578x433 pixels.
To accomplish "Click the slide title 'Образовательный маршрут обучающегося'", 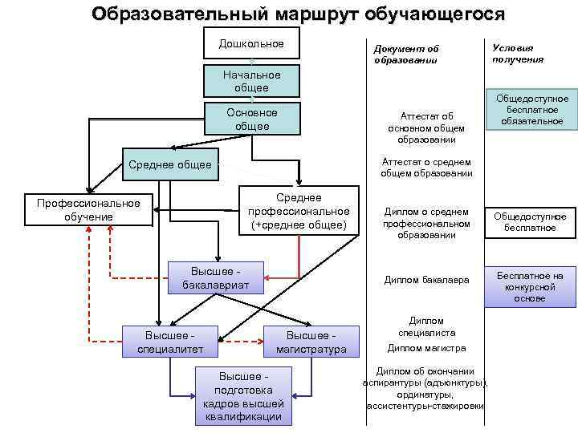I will click(x=298, y=14).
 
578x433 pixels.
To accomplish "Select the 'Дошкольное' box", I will click(x=251, y=43).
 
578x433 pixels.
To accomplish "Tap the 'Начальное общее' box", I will click(x=251, y=81).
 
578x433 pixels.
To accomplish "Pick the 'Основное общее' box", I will click(x=251, y=119).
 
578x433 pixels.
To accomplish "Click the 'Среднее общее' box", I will click(x=169, y=165).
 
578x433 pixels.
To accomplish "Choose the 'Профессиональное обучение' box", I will click(x=88, y=210).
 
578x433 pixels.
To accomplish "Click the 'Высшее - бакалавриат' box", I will click(x=216, y=277).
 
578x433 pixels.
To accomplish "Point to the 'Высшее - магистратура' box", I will click(x=311, y=342).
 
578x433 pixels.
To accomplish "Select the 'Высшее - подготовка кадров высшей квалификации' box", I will click(x=244, y=395).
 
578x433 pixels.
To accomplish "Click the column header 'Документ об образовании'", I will click(x=405, y=55).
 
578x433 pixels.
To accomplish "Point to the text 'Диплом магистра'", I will click(x=426, y=348).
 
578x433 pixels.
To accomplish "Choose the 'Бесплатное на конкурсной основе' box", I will click(x=530, y=286).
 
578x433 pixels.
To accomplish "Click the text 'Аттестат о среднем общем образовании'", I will click(x=426, y=167).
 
